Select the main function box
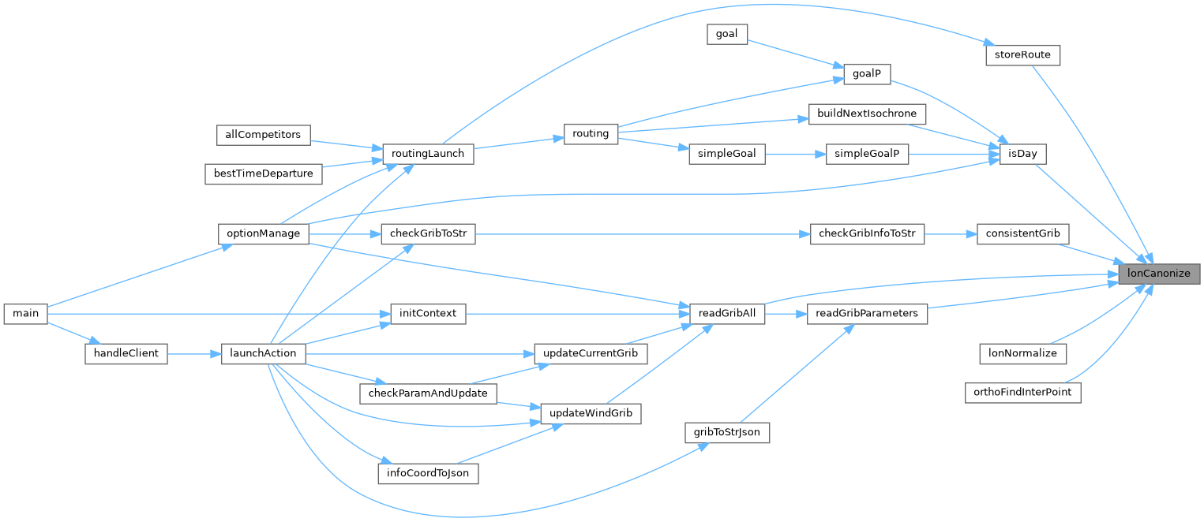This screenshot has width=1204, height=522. pyautogui.click(x=26, y=313)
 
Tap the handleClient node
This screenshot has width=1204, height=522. pyautogui.click(x=126, y=354)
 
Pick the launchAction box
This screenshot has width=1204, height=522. pyautogui.click(x=264, y=353)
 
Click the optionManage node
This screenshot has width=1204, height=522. pyautogui.click(x=264, y=234)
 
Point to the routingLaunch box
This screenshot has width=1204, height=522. pyautogui.click(x=428, y=153)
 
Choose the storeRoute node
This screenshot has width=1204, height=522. pyautogui.click(x=1022, y=55)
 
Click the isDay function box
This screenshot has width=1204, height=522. pyautogui.click(x=1022, y=153)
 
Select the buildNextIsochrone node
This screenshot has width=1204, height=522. pyautogui.click(x=867, y=114)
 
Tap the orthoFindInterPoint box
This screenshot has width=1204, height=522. pyautogui.click(x=1022, y=392)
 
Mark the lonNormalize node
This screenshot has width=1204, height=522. pyautogui.click(x=1022, y=353)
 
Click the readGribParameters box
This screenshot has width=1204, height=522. pyautogui.click(x=867, y=313)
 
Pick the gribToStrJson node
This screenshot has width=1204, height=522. pyautogui.click(x=727, y=432)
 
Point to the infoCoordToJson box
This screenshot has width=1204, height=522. pyautogui.click(x=428, y=473)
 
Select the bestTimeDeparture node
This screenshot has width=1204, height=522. pyautogui.click(x=264, y=173)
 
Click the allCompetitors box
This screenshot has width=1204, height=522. pyautogui.click(x=264, y=134)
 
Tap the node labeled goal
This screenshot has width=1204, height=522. pyautogui.click(x=727, y=34)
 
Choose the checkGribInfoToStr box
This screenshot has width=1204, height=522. pyautogui.click(x=867, y=234)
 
